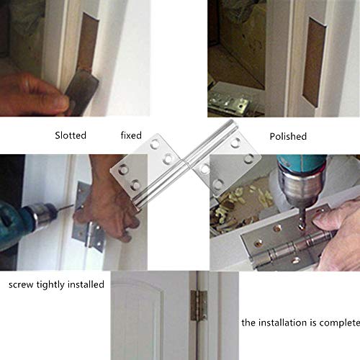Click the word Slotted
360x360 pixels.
(71, 135)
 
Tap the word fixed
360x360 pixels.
(130, 135)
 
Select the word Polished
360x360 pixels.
(288, 136)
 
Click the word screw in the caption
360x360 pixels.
(22, 284)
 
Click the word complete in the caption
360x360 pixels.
(333, 323)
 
